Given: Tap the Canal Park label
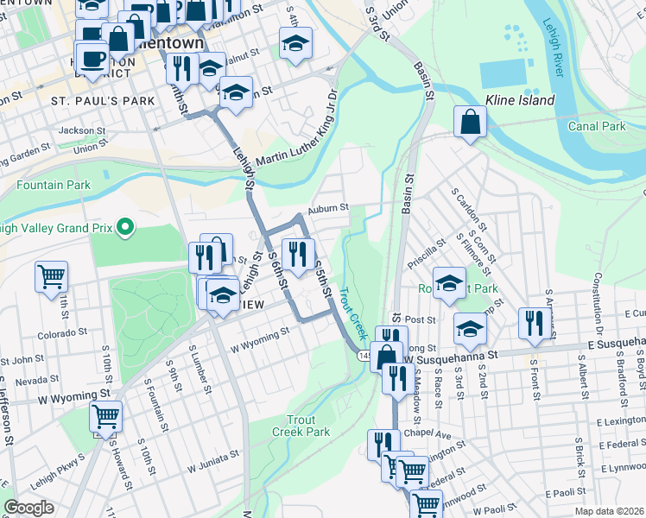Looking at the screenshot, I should (x=597, y=127).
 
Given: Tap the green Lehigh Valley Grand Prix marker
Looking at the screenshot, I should (x=126, y=228).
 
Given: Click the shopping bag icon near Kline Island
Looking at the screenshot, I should (x=469, y=123).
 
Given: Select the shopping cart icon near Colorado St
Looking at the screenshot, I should (x=52, y=277).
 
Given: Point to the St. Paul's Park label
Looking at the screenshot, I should (x=103, y=101).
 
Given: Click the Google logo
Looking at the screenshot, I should (x=28, y=508).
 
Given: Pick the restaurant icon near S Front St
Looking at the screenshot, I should (x=531, y=323).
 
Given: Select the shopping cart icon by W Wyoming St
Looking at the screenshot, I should (x=105, y=417).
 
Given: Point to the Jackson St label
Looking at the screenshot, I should (x=76, y=130).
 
